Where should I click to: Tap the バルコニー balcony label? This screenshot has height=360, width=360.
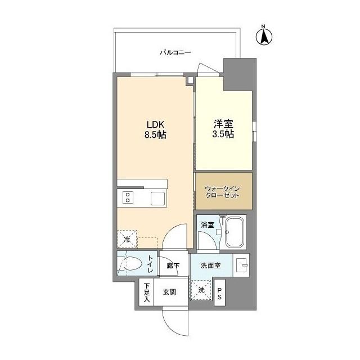(175, 52)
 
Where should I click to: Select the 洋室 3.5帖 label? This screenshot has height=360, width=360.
(223, 130)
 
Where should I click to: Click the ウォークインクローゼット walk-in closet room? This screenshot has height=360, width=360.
(223, 191)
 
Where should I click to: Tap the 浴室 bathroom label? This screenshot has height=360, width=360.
(207, 225)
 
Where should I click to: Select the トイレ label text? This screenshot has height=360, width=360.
(150, 264)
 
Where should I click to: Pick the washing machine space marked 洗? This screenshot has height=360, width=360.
(201, 290)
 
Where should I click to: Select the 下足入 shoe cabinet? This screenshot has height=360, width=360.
(146, 292)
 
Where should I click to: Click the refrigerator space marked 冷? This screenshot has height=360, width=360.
(127, 240)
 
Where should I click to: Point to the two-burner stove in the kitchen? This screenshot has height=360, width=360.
(128, 197)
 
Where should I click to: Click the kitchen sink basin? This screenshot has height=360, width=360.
(157, 197)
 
